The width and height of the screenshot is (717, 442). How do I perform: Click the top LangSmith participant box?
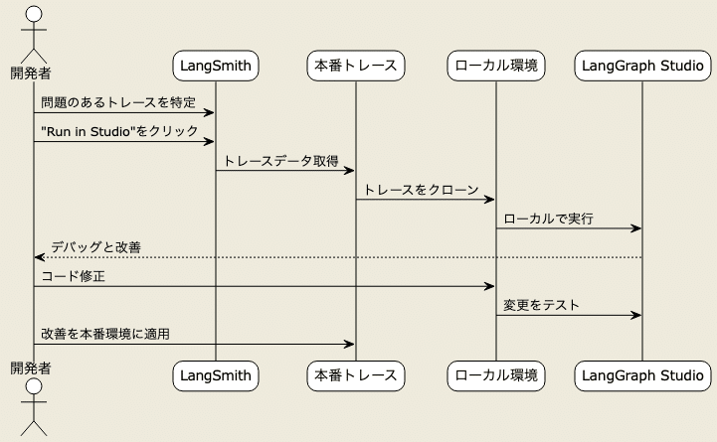[216, 67]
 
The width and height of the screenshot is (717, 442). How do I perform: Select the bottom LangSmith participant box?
[216, 375]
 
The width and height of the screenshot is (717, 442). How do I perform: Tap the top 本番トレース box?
[356, 67]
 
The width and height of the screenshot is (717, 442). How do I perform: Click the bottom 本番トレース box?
[356, 375]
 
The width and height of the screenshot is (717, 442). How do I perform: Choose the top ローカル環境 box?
[495, 67]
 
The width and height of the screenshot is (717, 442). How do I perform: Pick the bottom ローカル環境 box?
[495, 375]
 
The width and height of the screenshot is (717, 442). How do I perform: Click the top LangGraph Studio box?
[641, 67]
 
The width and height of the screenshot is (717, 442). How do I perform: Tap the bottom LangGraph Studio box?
[641, 375]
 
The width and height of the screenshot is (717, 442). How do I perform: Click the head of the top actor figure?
[33, 14]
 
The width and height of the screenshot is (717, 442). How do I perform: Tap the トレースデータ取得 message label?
[281, 160]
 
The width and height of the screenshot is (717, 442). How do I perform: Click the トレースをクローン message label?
[422, 189]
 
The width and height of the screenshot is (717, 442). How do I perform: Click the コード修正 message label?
[74, 276]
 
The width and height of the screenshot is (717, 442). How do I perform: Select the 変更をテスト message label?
[542, 305]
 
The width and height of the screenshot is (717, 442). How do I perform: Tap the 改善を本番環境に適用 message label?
[105, 334]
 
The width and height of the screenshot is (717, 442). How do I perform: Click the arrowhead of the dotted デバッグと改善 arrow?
[39, 257]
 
